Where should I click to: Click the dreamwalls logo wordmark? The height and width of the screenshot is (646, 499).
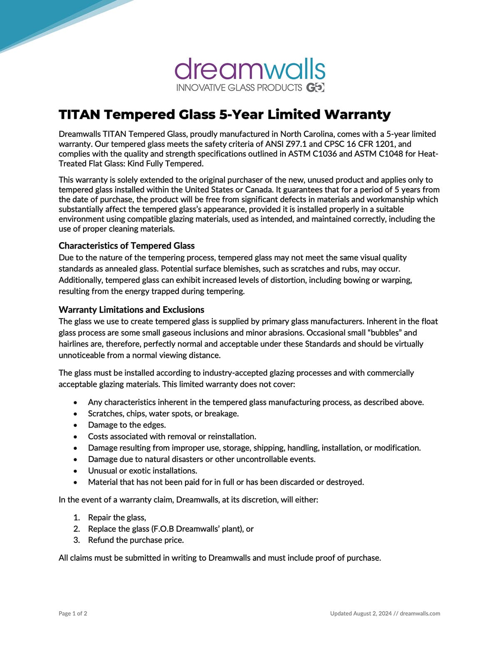tap(250, 69)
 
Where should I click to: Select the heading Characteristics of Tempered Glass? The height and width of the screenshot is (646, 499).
tap(126, 245)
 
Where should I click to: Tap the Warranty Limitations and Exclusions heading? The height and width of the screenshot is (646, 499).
tap(131, 309)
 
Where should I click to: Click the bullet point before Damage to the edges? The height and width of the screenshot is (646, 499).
tap(75, 426)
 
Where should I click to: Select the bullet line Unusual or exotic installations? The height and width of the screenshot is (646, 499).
tap(142, 470)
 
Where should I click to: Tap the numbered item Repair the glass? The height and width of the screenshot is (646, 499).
tap(117, 517)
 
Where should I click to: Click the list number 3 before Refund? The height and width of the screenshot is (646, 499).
tap(77, 540)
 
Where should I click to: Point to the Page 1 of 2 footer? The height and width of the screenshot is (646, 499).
tap(73, 613)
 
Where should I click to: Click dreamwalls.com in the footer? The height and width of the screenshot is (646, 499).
tap(420, 613)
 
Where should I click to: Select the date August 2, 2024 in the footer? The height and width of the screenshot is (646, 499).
tap(373, 613)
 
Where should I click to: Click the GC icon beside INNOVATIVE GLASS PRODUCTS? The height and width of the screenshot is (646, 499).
tap(315, 87)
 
